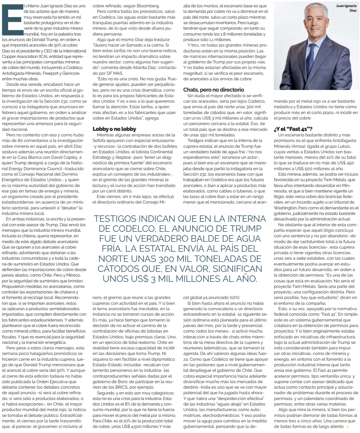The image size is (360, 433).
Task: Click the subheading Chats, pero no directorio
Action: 213,90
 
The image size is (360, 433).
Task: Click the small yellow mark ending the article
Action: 347,427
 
